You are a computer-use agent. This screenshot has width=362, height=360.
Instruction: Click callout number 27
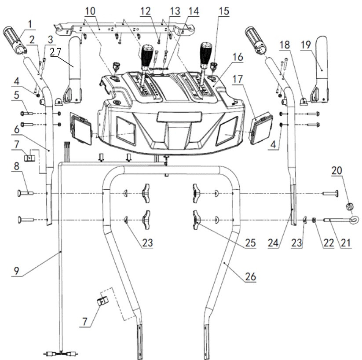55,52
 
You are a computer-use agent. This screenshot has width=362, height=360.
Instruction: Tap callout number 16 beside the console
238,57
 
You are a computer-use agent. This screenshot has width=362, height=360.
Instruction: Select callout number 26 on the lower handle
251,276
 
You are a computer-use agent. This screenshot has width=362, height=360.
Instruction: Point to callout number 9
16,271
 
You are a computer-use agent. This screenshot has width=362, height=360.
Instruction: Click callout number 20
337,170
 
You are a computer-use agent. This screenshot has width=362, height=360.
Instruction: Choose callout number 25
251,242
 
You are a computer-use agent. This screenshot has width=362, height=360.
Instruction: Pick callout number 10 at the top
90,11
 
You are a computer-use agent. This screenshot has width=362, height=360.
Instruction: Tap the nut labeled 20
350,206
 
